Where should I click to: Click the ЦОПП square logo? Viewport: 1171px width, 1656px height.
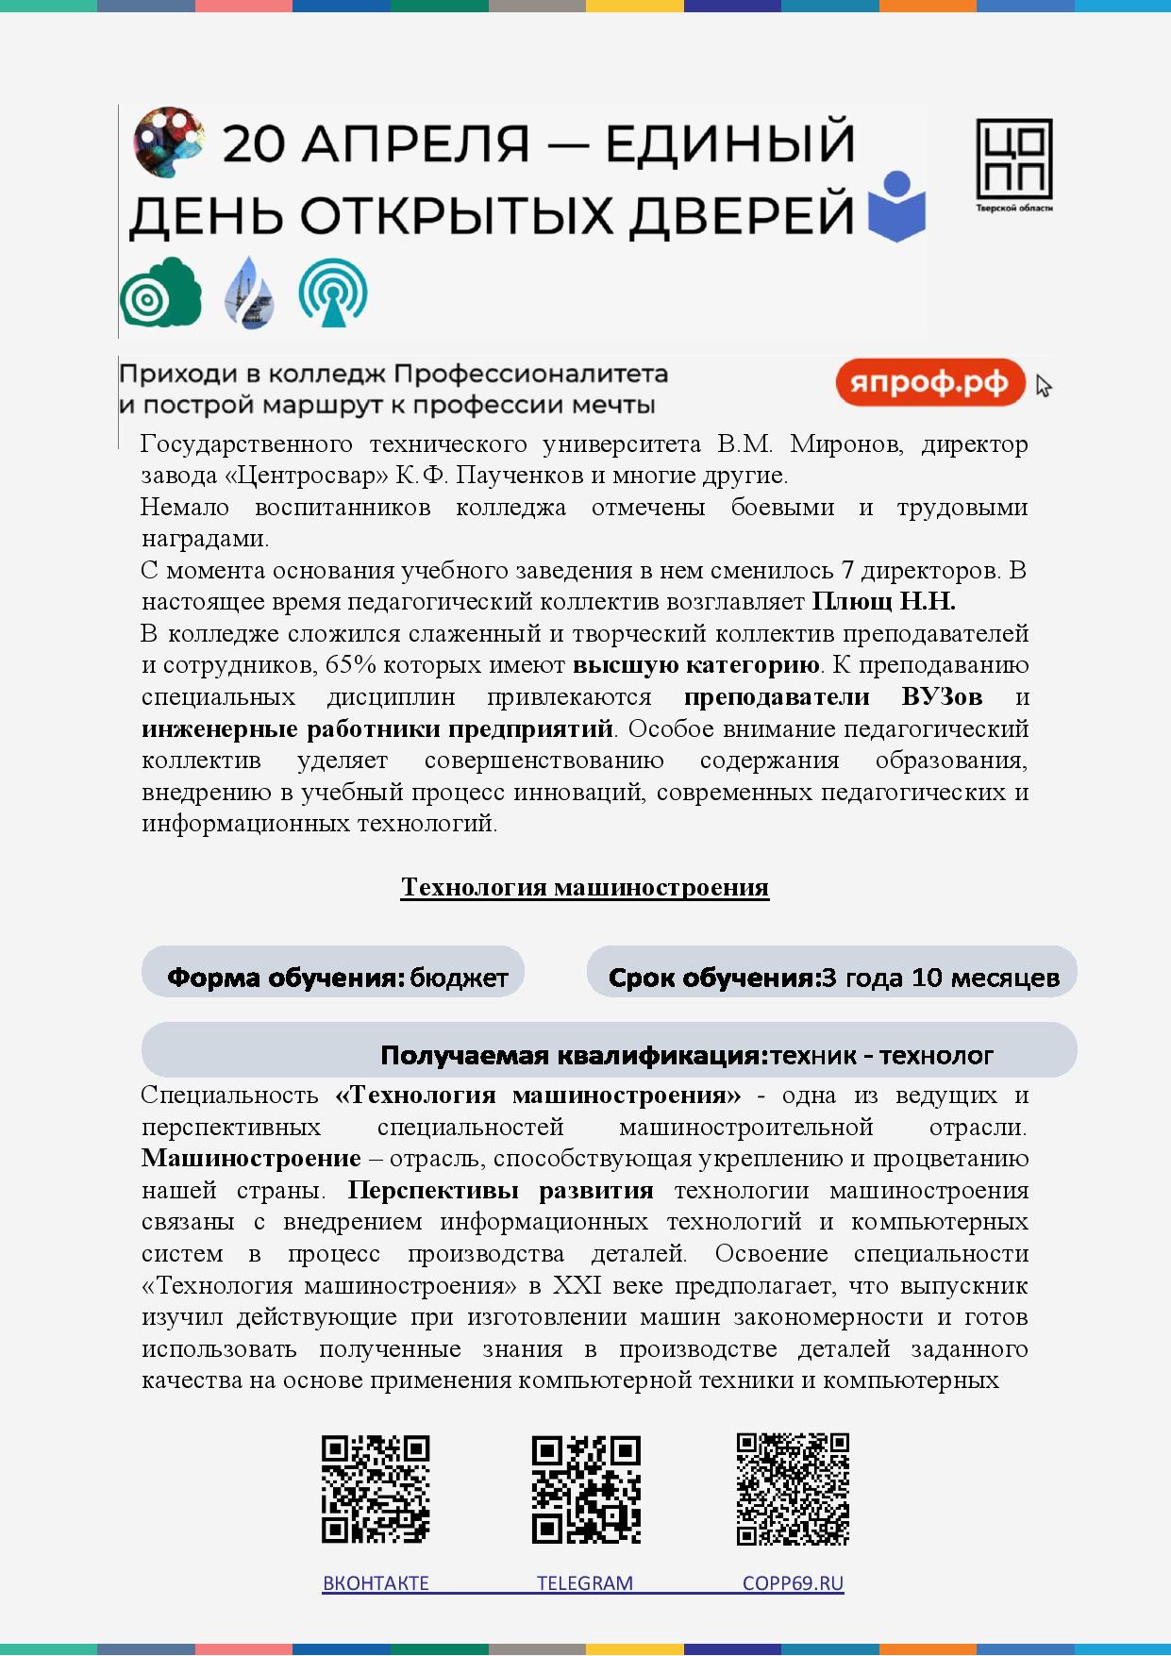tap(1013, 159)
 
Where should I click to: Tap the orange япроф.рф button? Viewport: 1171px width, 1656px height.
tap(930, 383)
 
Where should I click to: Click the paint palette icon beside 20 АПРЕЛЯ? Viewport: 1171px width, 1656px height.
tap(169, 141)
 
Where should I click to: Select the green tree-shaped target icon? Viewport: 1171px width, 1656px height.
tap(160, 293)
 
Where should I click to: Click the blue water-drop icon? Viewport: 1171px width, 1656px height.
tap(249, 293)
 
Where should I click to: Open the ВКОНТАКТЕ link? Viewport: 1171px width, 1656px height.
tap(376, 1583)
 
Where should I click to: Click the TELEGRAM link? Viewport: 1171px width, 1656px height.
tap(585, 1583)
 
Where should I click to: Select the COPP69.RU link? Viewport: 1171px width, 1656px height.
tap(793, 1583)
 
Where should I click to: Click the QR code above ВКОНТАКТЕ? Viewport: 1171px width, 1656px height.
tap(376, 1489)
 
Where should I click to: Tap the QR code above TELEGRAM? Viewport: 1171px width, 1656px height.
tap(586, 1489)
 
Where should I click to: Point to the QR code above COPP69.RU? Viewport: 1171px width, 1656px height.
tap(793, 1489)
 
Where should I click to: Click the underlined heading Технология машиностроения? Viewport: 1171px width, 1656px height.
tap(585, 888)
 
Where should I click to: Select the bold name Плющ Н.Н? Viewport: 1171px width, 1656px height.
tap(884, 602)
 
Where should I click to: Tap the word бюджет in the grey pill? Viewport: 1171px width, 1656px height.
tap(459, 978)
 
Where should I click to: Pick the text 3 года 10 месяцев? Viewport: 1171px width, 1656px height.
tap(940, 978)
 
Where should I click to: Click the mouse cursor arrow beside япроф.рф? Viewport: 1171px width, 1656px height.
tap(1043, 386)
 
